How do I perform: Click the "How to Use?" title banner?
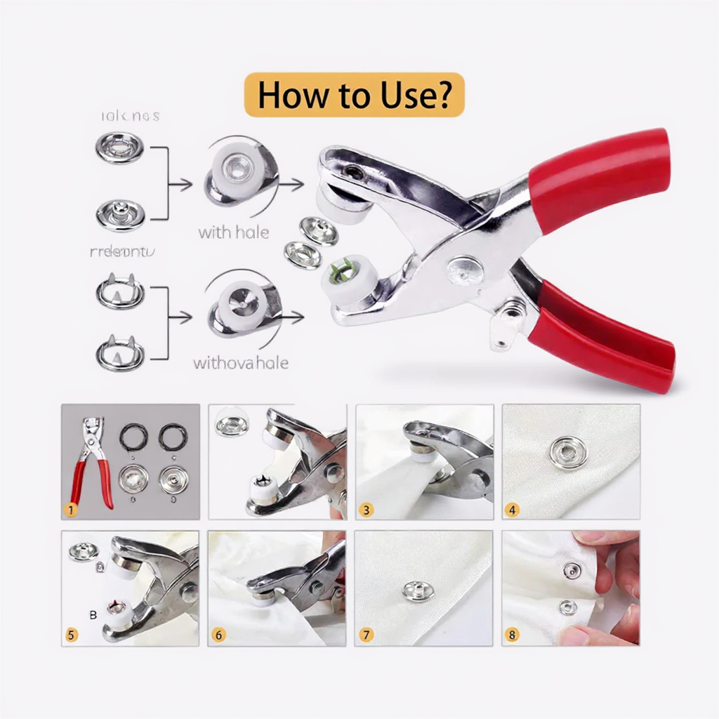(x=354, y=94)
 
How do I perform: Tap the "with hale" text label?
(x=233, y=232)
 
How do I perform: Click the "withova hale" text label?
(x=240, y=363)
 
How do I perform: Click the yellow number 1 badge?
(x=71, y=509)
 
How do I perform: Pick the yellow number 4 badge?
(x=512, y=509)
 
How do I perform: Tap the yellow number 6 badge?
(x=218, y=635)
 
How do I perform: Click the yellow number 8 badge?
(x=512, y=635)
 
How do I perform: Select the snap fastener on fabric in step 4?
(x=568, y=447)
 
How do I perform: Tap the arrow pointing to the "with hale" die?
(x=181, y=185)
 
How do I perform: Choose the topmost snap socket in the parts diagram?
(x=119, y=147)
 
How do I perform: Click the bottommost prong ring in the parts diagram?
(x=120, y=353)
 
